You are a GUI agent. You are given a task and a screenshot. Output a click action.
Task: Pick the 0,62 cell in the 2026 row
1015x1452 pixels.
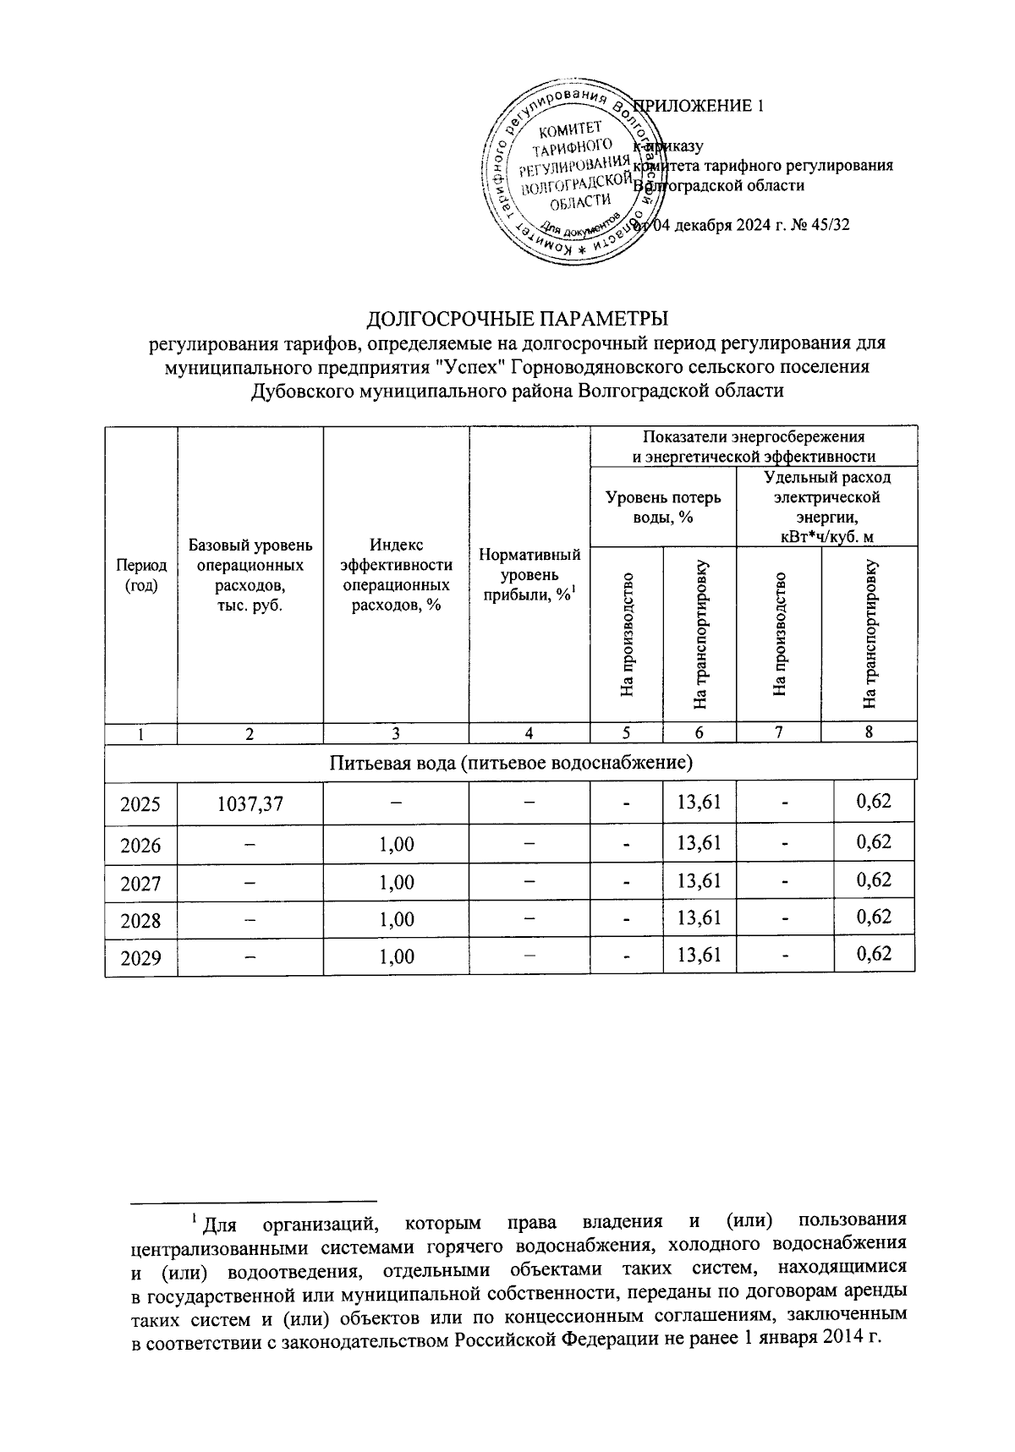pos(874,842)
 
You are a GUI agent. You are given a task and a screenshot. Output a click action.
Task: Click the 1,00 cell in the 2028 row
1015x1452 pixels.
pos(397,919)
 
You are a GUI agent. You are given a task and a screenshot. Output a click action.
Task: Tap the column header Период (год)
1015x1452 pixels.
pos(140,575)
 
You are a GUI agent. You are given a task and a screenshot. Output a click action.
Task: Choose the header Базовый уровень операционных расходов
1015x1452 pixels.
pos(250,575)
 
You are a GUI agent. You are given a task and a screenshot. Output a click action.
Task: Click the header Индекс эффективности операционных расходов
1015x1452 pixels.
pos(396,575)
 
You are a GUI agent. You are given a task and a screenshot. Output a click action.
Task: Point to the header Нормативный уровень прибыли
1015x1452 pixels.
pos(529,575)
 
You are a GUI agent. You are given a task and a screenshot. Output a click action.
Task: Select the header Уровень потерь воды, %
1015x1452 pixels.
pos(663,507)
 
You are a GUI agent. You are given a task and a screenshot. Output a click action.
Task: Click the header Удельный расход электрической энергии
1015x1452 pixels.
pos(826,507)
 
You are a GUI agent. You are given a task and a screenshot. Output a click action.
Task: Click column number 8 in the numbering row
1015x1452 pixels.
pos(869,732)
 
